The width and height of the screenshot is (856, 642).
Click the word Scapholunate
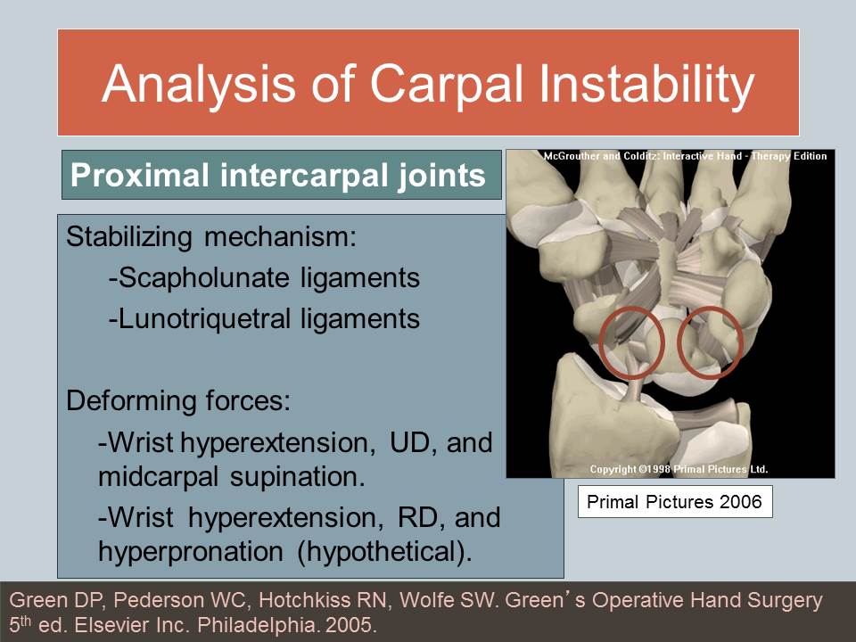point(199,278)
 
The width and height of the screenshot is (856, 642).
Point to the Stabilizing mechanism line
point(210,238)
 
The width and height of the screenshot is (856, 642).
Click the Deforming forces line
point(178,400)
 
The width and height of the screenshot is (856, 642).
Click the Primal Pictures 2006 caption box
point(675,502)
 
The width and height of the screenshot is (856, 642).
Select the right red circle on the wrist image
point(711,342)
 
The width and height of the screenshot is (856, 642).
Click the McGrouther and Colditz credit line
point(685,156)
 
